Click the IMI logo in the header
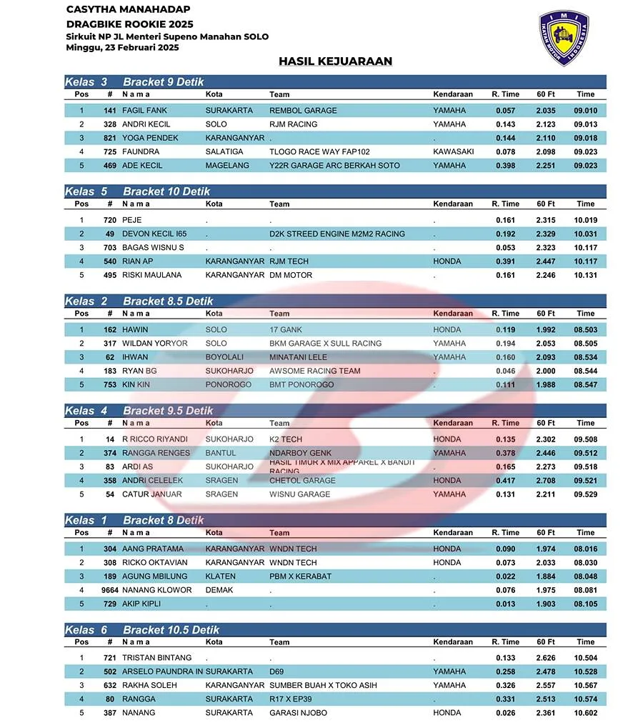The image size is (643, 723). coord(564,37)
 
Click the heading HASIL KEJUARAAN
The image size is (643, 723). coord(335,61)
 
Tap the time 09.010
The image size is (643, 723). coord(585,111)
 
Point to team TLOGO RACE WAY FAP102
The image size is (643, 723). coord(319,151)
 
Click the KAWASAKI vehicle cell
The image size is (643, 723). coord(453,151)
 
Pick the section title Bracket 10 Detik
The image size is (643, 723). coord(166,191)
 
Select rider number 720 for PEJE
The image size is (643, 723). coord(109,220)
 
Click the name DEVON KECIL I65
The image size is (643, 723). coord(154,234)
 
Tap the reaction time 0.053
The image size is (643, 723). coord(505,247)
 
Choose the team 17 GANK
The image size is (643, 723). coord(285,329)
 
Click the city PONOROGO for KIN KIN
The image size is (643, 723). coord(228,384)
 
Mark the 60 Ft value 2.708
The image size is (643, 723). coord(546,480)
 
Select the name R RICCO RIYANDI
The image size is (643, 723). coord(155,439)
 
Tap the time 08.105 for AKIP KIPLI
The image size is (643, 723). coord(585,604)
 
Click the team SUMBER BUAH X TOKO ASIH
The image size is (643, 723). coord(323,685)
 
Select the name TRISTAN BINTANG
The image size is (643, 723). coord(156,657)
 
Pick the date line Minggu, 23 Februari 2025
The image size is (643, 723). coord(121,48)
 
